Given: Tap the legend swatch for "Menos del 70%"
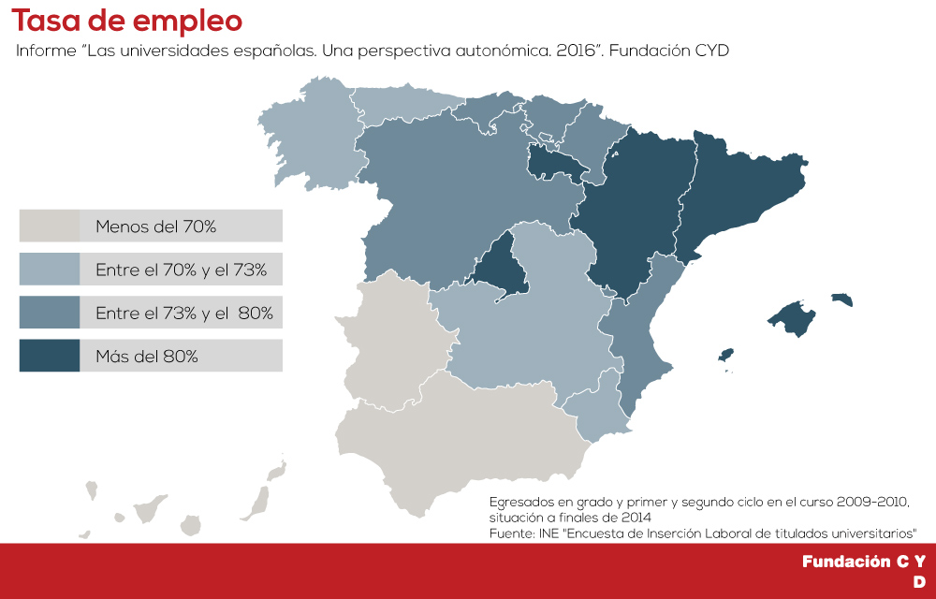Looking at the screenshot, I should (50, 226).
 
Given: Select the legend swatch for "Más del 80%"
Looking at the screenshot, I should (50, 356).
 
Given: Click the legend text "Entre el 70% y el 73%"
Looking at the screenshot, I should (182, 270).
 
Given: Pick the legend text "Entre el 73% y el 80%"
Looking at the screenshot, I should (184, 313).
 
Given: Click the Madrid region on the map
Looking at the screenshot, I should (496, 267).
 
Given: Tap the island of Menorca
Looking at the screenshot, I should (842, 299).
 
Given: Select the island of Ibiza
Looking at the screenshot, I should (724, 356).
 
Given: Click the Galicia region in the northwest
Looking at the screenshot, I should (314, 131).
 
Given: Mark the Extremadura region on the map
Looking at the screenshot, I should (393, 337).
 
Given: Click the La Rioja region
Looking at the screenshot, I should (554, 164).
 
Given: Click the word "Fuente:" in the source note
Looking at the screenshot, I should (512, 533).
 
